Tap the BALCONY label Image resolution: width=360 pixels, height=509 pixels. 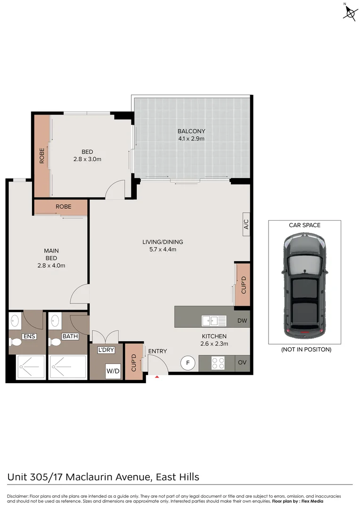(x=191, y=131)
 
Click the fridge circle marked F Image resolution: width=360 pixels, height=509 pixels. (x=188, y=363)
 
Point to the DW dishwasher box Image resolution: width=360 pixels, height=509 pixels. (x=243, y=321)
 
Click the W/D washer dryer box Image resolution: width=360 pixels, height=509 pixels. (x=113, y=371)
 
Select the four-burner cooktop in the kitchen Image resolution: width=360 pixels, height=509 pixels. (x=218, y=363)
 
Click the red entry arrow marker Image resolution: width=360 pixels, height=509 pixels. (x=157, y=377)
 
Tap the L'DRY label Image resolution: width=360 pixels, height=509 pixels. (x=106, y=350)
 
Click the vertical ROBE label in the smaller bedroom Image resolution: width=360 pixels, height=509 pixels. (x=41, y=156)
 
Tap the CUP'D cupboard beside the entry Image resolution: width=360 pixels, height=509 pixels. (x=133, y=362)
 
